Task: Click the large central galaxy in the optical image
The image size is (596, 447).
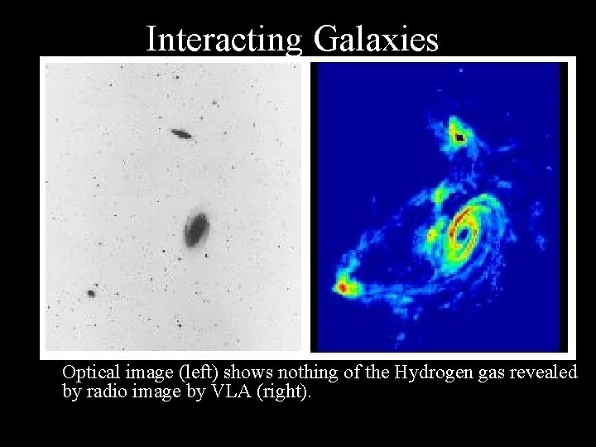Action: click(x=197, y=228)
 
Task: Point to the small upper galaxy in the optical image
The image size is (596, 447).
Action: click(x=180, y=133)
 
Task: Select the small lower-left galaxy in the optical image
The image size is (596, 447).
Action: click(x=90, y=292)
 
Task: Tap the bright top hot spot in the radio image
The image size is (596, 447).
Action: click(x=457, y=136)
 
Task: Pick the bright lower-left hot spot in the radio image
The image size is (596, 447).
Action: click(x=342, y=286)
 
